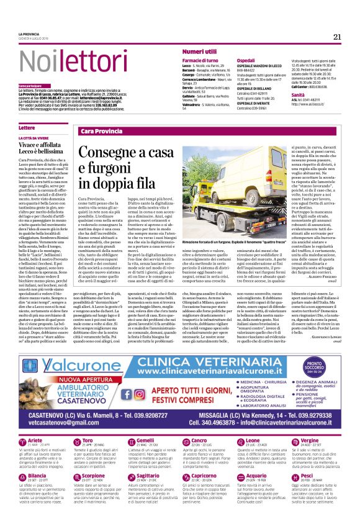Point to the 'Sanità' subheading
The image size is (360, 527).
[299, 94]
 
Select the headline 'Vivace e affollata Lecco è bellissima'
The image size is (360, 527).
[40, 146]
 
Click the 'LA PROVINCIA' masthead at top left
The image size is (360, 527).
[29, 34]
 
